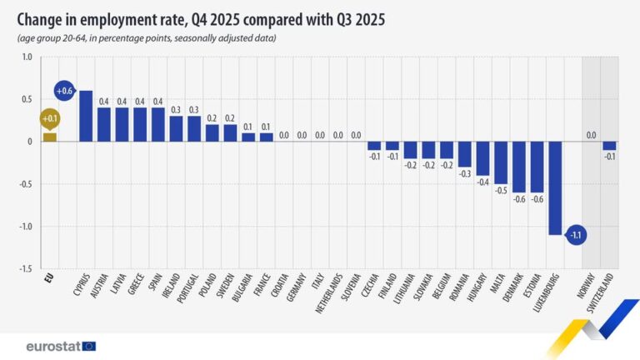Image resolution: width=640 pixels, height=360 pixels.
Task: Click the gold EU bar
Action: tap(50, 137)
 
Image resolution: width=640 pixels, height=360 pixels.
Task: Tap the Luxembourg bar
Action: tap(555, 188)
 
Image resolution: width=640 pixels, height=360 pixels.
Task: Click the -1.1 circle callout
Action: tap(576, 234)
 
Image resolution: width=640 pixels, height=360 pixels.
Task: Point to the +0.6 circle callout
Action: tap(64, 91)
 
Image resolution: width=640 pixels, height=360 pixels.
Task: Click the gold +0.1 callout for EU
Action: tap(49, 119)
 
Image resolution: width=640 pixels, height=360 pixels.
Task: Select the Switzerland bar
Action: tap(609, 146)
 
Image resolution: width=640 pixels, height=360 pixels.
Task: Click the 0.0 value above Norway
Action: tap(591, 134)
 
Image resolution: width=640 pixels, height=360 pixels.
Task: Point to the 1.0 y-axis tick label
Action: tap(26, 57)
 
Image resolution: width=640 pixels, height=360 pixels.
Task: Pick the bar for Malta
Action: tap(501, 162)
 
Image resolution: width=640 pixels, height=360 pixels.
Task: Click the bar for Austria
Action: tap(104, 124)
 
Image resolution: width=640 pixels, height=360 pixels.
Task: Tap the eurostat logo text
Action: tap(52, 345)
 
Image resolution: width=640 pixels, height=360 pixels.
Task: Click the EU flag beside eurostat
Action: tap(88, 345)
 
